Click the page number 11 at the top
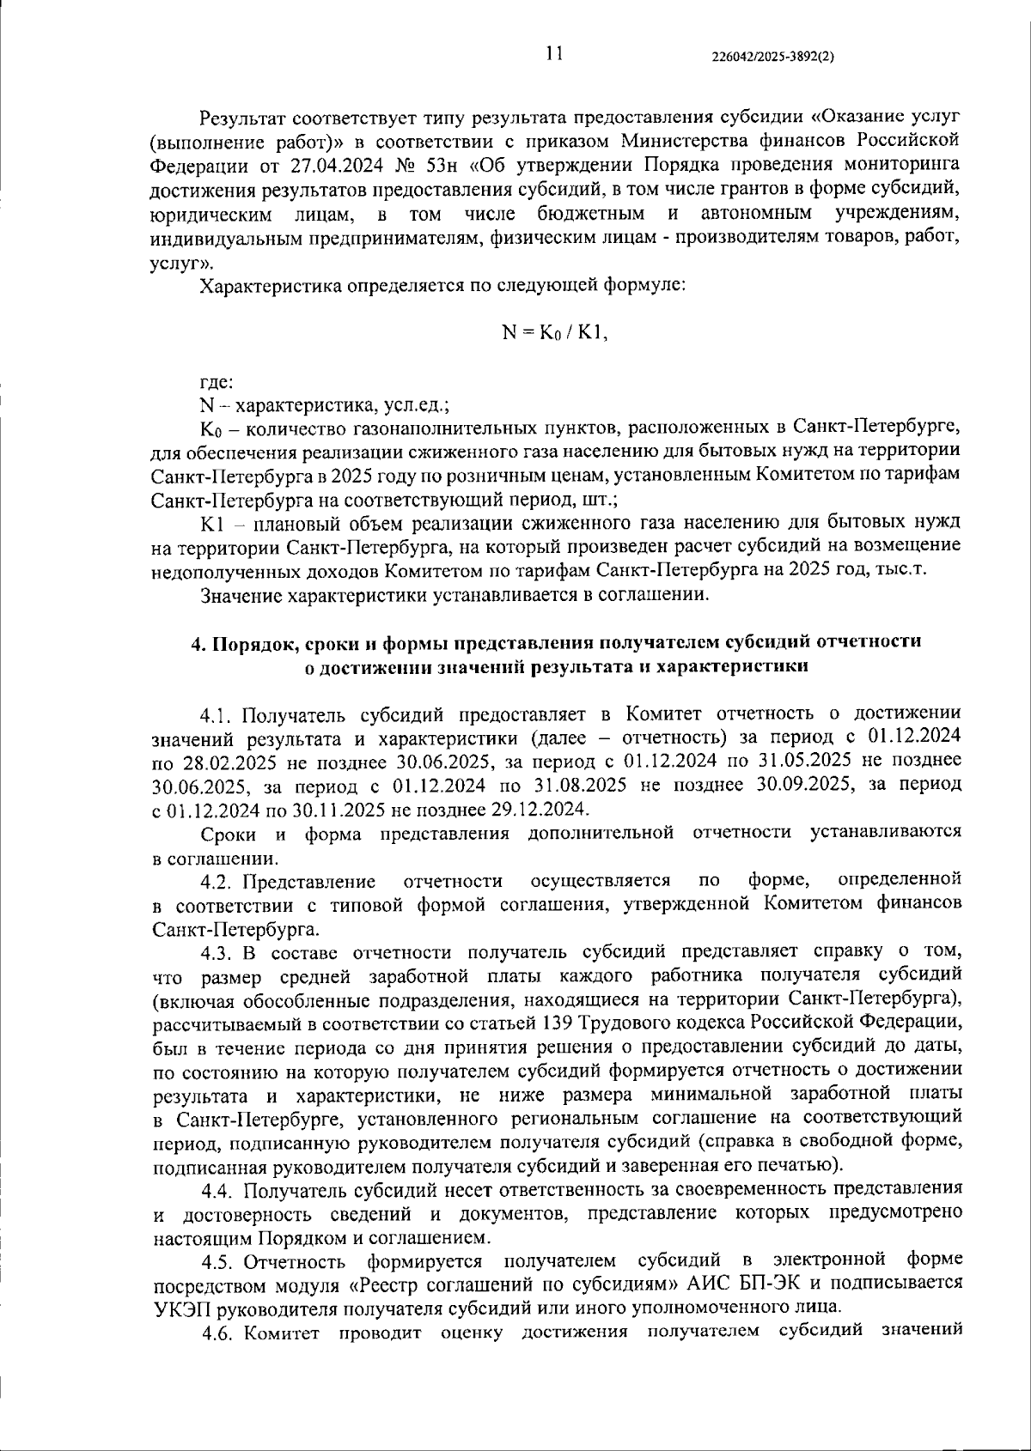click(x=554, y=54)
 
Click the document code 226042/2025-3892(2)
click(x=773, y=57)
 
